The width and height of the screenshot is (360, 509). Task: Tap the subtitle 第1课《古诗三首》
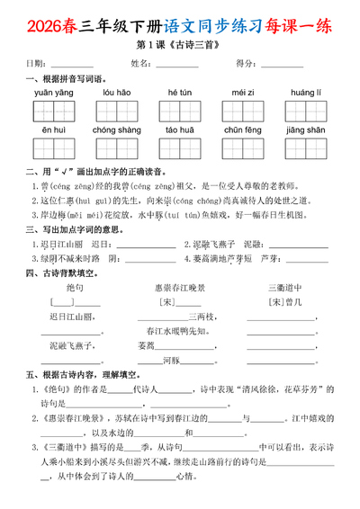179,43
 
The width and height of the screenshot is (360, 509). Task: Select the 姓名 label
142,63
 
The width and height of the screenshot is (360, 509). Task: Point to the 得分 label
246,63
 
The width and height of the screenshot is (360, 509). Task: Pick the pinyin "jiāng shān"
305,129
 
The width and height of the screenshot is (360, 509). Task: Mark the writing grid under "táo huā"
178,147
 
